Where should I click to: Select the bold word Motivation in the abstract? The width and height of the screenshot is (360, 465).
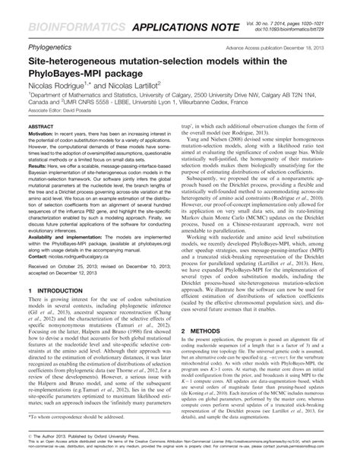pos(41,133)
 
